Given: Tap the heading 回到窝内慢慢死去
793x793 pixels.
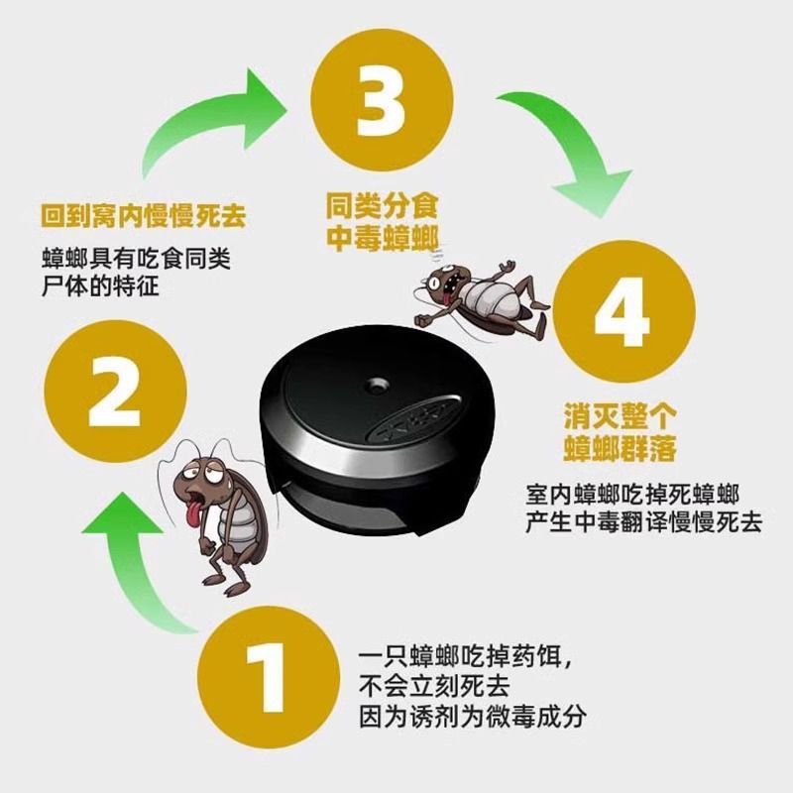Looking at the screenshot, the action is click(x=144, y=212).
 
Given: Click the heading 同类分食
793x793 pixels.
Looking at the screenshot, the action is click(x=382, y=208).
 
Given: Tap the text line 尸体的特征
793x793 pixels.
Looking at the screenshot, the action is click(x=103, y=287).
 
